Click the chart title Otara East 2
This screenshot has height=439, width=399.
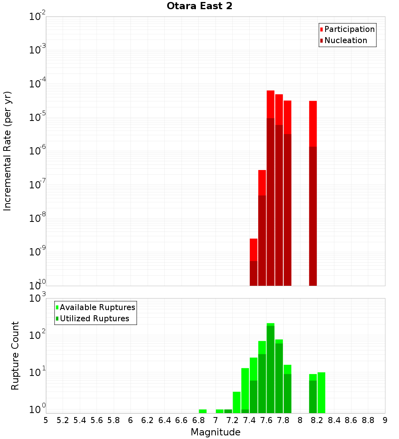point(199,6)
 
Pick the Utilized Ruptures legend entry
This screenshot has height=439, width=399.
point(94,318)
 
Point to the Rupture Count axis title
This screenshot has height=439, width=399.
point(15,355)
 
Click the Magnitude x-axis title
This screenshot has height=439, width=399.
point(215,432)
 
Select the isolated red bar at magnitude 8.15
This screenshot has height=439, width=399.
point(313,192)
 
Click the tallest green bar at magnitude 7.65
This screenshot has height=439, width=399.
point(271,367)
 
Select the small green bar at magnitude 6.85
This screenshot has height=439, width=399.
point(203,411)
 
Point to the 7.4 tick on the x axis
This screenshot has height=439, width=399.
point(249,420)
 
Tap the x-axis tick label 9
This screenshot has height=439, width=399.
point(385,420)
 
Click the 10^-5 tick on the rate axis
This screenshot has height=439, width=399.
point(38,117)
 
